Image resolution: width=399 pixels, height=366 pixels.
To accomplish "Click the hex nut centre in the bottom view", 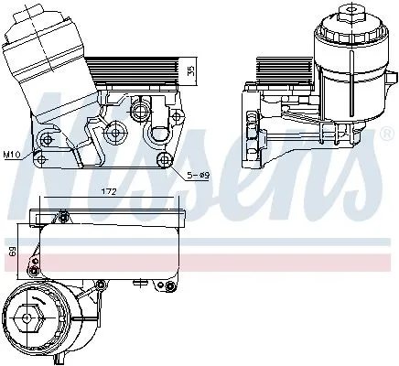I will coord(27,325).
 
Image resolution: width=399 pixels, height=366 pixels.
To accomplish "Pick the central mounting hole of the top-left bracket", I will coord(114,134).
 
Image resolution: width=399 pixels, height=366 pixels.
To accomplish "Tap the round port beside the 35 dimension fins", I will coord(139,112).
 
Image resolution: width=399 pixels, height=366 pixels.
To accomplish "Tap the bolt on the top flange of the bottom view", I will coord(64,216).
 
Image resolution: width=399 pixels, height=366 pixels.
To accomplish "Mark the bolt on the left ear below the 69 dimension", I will coord(34,266).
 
